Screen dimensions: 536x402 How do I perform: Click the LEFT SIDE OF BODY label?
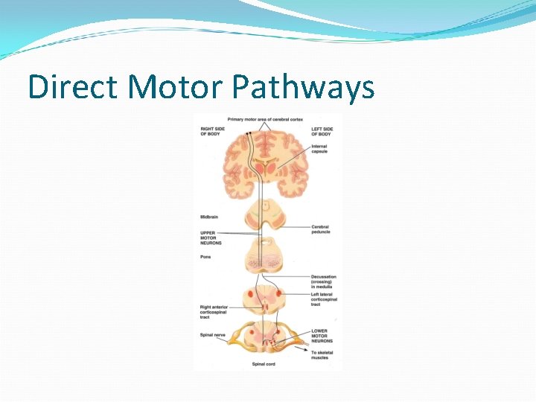pos(322,131)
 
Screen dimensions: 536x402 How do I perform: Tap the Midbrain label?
pos(209,217)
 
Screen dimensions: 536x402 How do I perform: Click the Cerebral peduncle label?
pos(320,229)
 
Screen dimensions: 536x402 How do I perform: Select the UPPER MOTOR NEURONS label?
pos(209,238)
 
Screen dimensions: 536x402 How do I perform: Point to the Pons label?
pos(205,257)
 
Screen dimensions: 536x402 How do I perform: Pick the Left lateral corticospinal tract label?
pos(325,299)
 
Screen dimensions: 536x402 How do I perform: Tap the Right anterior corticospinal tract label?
pos(214,312)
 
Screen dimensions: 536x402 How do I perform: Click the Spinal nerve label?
pos(211,335)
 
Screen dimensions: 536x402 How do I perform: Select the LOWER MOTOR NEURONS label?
pos(319,336)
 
